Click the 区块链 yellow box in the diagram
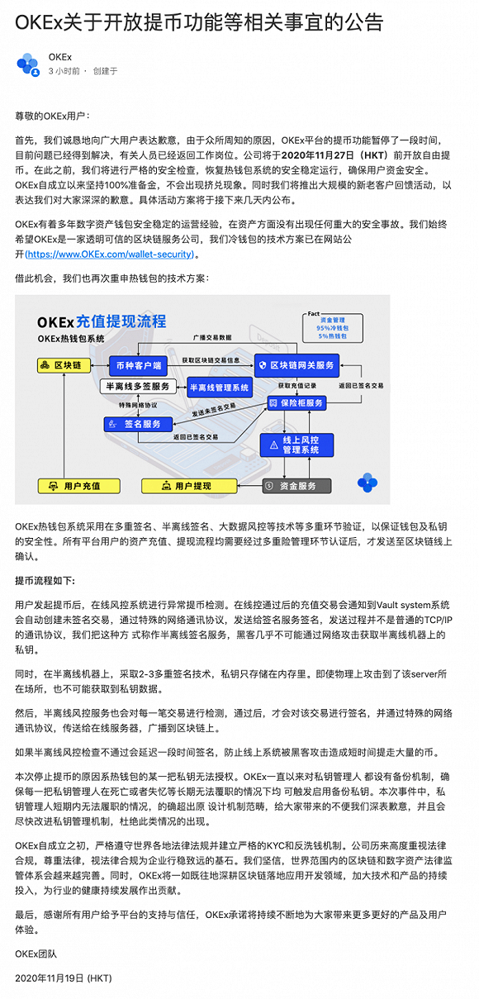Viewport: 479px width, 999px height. pos(64,365)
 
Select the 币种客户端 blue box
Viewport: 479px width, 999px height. pos(138,366)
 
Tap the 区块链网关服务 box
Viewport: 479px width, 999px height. pos(296,365)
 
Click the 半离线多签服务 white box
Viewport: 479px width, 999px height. pos(138,386)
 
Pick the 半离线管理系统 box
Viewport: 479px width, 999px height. pos(219,388)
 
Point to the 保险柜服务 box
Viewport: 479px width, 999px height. pos(296,403)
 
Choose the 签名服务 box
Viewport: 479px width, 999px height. pos(138,424)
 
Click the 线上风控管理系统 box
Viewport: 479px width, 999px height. pos(296,445)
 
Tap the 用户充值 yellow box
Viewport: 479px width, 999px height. pos(78,486)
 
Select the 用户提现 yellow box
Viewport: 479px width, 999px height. pos(189,486)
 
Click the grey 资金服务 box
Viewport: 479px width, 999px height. pos(296,486)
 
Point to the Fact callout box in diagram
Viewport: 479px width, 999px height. pos(332,328)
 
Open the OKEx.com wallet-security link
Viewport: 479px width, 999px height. pos(110,255)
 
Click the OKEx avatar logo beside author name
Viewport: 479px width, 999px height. pos(28,64)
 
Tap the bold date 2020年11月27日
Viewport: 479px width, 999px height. pos(317,155)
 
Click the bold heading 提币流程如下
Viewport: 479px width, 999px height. pos(45,581)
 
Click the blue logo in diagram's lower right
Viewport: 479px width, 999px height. pos(368,483)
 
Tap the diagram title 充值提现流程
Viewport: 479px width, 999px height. pos(121,321)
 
